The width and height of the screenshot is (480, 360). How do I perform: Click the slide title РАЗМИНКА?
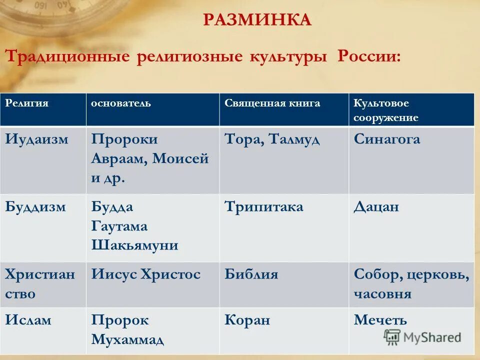tap(257, 20)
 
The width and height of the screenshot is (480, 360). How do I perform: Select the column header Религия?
tap(27, 103)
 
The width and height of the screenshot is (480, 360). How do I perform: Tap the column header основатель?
tap(120, 103)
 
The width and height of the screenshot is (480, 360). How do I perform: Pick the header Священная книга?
tap(272, 103)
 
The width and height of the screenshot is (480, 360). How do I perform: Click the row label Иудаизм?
tap(36, 139)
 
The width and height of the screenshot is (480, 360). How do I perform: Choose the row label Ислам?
tap(28, 320)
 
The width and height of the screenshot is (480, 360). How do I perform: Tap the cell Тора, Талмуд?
tap(272, 139)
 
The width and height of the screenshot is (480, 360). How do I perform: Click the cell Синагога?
tap(387, 139)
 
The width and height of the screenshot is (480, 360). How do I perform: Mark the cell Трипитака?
tap(264, 207)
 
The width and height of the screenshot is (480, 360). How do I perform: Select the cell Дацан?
tap(376, 207)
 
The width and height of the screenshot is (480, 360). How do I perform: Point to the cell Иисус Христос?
tap(145, 274)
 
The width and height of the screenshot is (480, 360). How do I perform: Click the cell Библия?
tap(251, 274)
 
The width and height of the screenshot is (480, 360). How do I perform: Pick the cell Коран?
tap(247, 320)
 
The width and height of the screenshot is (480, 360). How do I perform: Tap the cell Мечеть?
tap(380, 320)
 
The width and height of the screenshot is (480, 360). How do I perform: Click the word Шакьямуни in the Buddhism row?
tap(135, 245)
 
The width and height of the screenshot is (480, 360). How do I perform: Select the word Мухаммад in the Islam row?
tap(127, 339)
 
